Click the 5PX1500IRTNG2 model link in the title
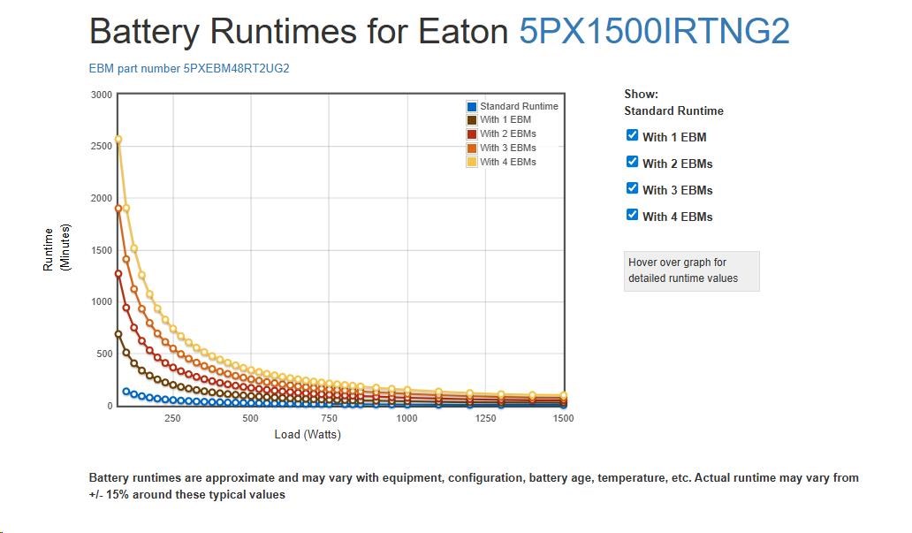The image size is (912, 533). tap(654, 32)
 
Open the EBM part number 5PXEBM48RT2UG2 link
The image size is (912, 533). tap(189, 69)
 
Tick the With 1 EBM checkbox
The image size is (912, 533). tap(632, 135)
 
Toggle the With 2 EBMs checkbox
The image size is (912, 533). tap(632, 162)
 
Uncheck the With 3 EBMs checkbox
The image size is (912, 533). tap(632, 188)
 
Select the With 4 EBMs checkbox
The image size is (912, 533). tap(632, 215)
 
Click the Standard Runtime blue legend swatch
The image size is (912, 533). tap(472, 106)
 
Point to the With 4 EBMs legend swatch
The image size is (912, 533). tap(472, 162)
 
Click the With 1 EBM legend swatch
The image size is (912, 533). tap(472, 120)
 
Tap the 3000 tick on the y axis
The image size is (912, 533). tap(102, 95)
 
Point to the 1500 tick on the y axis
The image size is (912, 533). tap(102, 250)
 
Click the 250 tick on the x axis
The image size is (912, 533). tap(172, 418)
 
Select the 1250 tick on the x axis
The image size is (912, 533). tap(486, 418)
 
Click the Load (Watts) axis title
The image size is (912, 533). tap(308, 434)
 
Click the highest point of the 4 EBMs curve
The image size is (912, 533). tap(118, 140)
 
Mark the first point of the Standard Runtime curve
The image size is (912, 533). tap(126, 391)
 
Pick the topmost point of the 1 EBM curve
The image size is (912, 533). tap(118, 334)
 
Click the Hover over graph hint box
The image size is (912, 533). tap(691, 270)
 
